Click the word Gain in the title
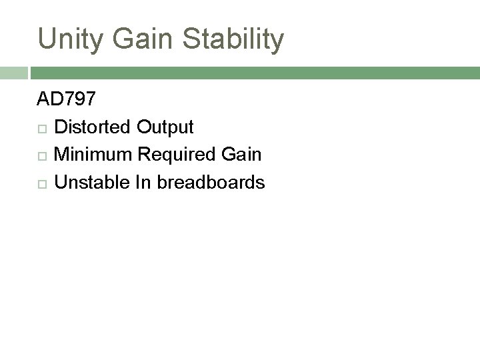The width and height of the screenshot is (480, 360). pyautogui.click(x=149, y=40)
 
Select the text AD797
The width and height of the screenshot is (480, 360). pyautogui.click(x=66, y=100)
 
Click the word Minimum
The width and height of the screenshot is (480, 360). pyautogui.click(x=94, y=155)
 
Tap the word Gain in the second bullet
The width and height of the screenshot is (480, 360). pyautogui.click(x=243, y=155)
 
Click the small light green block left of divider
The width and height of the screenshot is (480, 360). pyautogui.click(x=13, y=73)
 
